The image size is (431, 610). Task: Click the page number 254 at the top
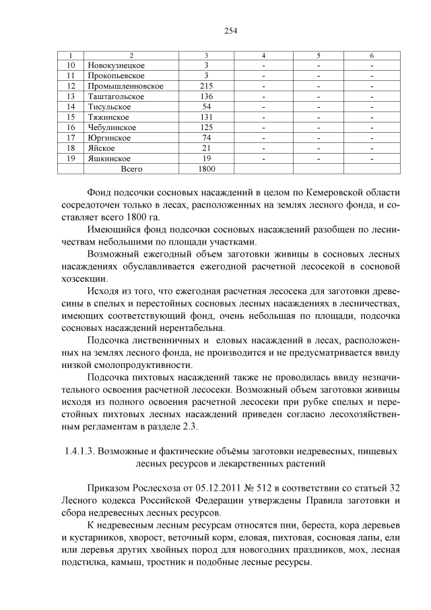coord(215,30)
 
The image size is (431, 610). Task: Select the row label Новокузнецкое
coord(117,65)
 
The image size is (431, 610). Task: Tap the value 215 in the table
coord(207,86)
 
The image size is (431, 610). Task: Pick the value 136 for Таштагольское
coord(207,96)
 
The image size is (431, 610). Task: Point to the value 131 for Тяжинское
coord(207,117)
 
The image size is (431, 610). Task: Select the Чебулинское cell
coord(112,127)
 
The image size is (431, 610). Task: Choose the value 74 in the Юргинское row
coord(207,138)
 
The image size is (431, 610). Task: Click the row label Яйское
coord(101,148)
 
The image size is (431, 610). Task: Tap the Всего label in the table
coord(131,169)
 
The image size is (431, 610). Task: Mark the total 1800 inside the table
coord(207,169)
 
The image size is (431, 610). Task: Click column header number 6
coord(371,55)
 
